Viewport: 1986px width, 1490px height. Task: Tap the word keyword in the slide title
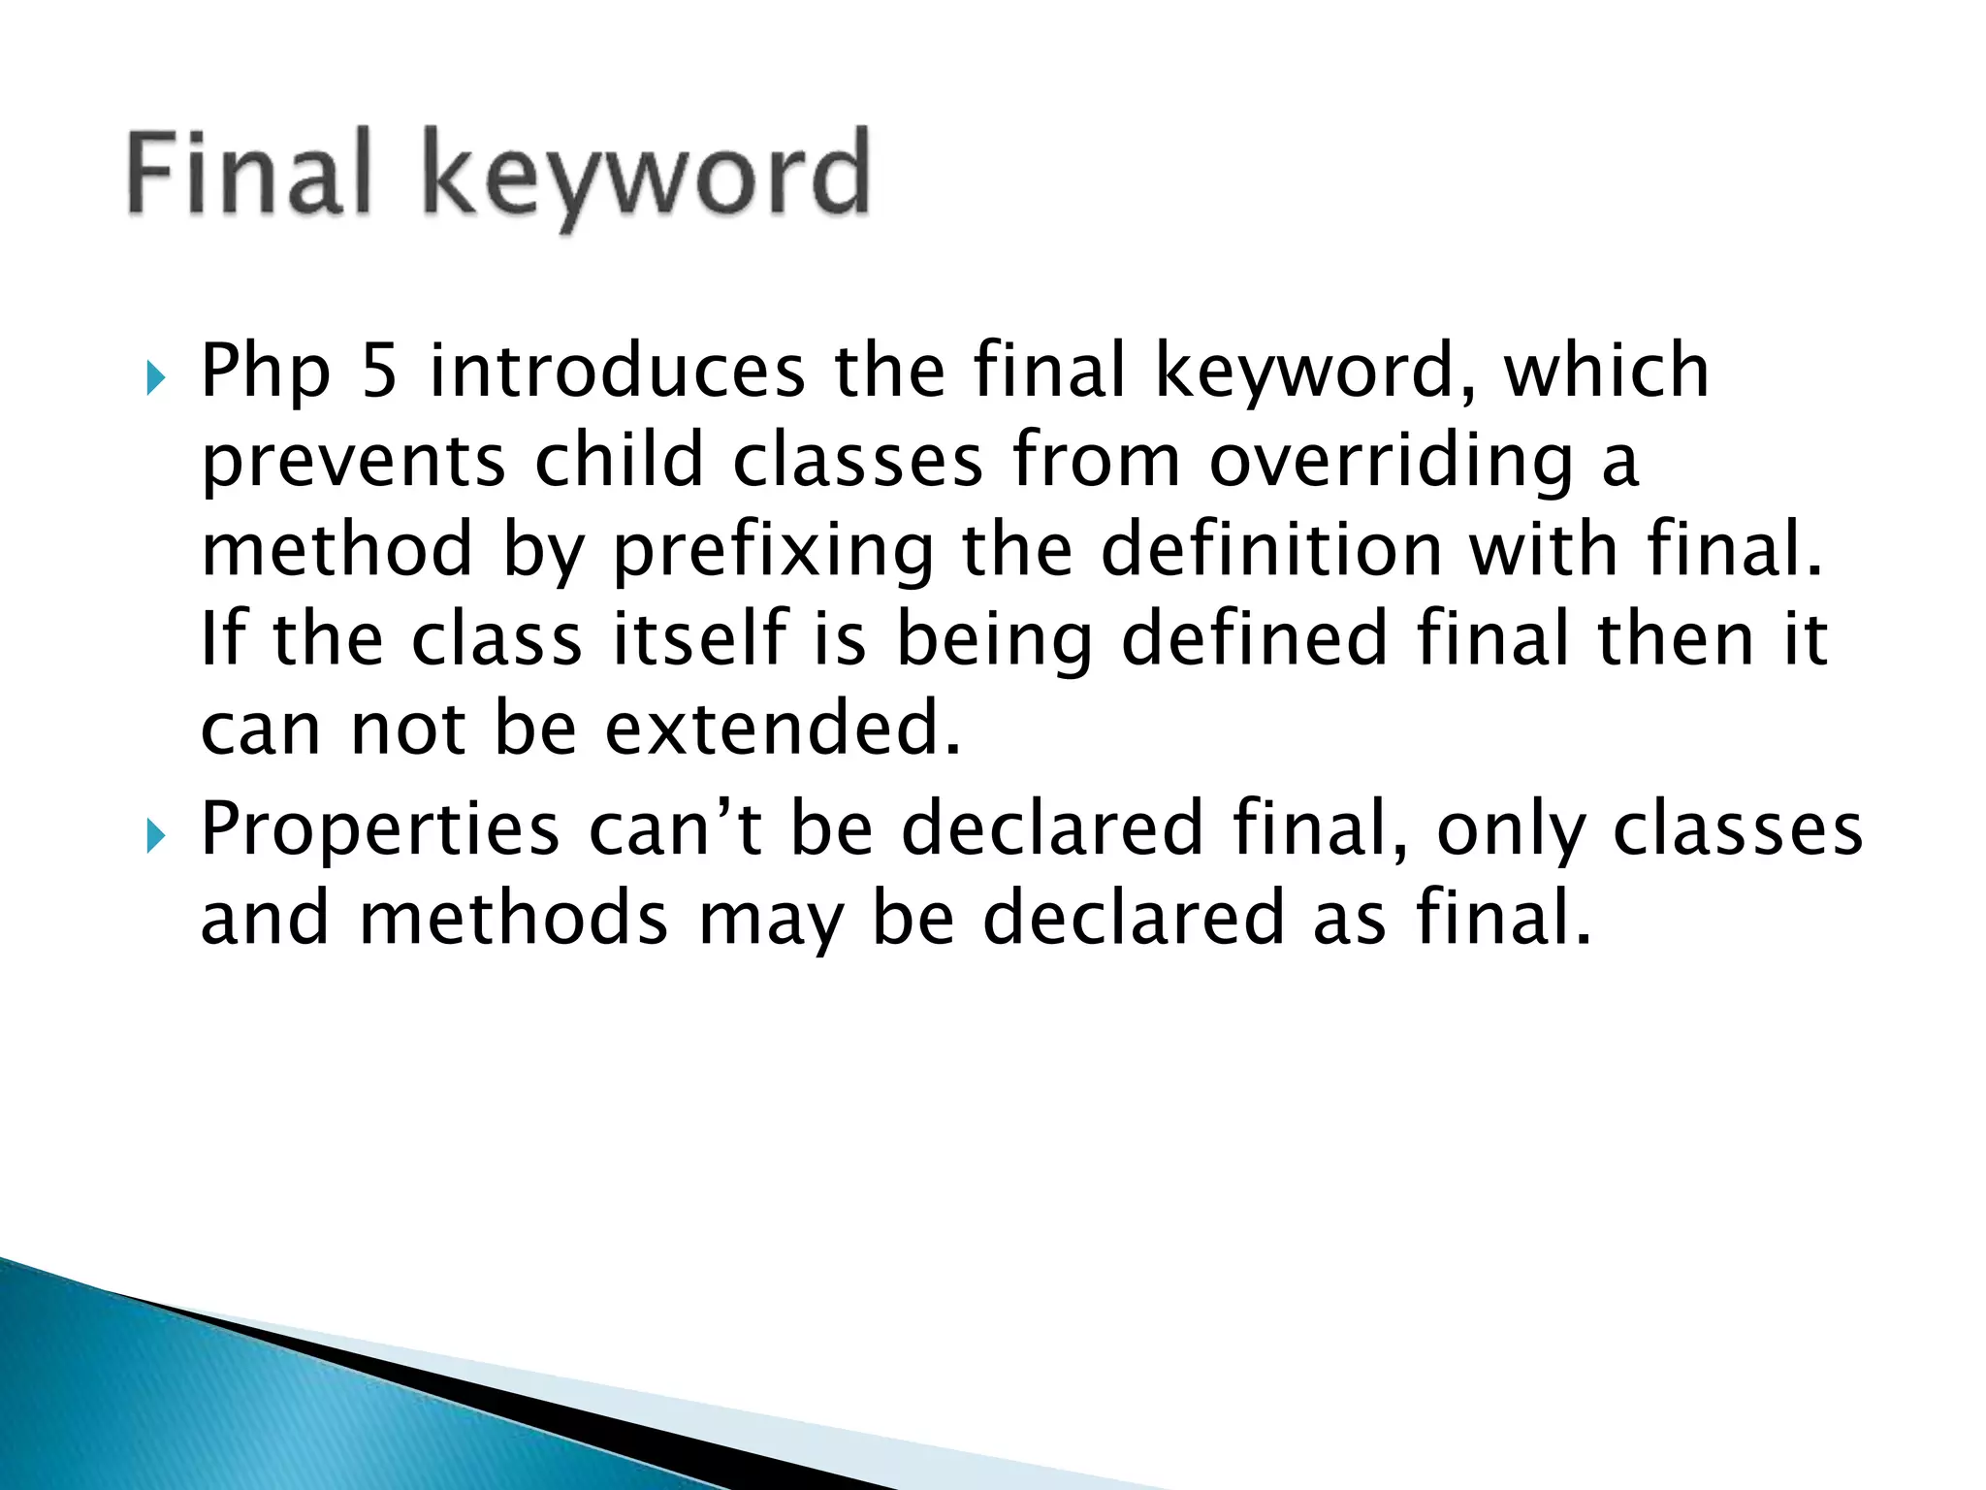645,179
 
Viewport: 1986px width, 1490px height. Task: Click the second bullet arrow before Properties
155,833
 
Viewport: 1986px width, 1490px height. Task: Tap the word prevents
353,464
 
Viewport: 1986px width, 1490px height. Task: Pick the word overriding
1391,464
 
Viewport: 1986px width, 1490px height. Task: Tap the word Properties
379,832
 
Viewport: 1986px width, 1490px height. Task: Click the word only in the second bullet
1509,832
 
